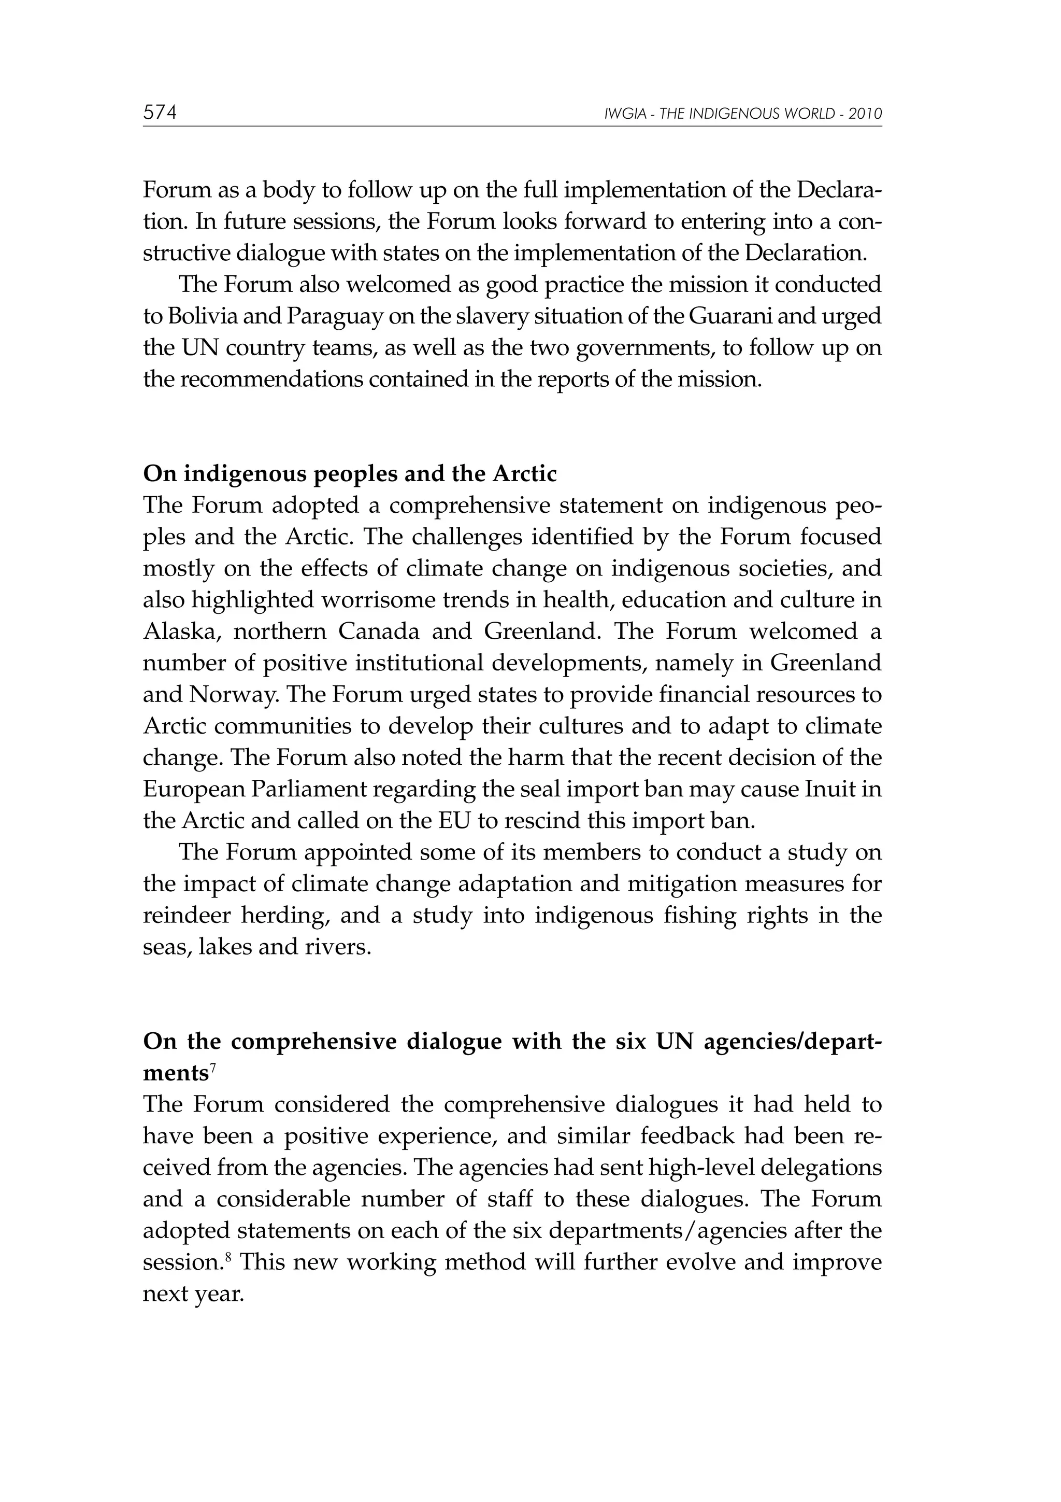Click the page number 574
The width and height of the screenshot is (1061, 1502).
tap(160, 113)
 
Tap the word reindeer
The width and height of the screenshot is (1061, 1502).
tap(184, 915)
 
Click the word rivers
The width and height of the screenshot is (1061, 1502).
tap(339, 947)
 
